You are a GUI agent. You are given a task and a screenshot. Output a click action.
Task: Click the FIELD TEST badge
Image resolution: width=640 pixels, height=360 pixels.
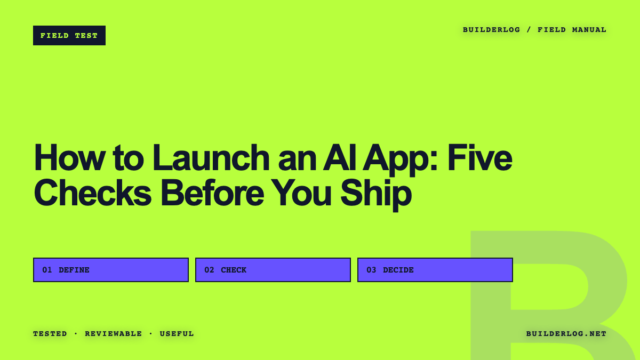[x=69, y=35]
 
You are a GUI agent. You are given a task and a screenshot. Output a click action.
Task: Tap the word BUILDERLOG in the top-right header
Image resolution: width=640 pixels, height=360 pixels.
[x=491, y=30]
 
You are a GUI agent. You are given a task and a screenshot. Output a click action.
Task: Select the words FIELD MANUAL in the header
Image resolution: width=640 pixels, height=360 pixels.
[x=572, y=30]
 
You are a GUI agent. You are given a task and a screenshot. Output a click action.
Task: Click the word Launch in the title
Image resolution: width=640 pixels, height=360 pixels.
[x=211, y=158]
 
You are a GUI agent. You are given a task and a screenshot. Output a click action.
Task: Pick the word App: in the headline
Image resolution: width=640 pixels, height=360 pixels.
[x=400, y=160]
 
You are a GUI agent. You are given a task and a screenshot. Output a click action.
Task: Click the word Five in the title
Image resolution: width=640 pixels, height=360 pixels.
[x=479, y=158]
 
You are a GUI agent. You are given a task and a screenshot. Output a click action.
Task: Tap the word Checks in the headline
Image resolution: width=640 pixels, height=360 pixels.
[x=93, y=192]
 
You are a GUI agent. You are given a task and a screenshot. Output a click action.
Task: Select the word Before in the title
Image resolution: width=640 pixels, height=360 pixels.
[x=212, y=192]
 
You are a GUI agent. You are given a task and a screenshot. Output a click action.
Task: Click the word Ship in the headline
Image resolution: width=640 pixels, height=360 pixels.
[x=375, y=195]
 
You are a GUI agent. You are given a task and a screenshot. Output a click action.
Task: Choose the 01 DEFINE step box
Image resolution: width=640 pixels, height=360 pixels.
[x=111, y=270]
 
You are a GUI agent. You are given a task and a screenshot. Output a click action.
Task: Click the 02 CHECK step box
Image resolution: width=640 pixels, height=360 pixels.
[x=273, y=270]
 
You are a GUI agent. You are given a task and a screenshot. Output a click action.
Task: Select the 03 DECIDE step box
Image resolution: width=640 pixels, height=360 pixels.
[x=435, y=270]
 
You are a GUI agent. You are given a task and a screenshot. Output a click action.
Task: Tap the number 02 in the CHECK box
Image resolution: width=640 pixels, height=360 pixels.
[x=209, y=270]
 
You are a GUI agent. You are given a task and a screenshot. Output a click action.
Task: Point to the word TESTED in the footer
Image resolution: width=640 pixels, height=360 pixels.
[x=50, y=334]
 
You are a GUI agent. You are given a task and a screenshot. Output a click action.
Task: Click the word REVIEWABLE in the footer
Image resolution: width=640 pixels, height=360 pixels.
[x=114, y=334]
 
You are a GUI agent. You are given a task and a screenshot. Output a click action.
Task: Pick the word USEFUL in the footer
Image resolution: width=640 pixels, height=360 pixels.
[x=177, y=334]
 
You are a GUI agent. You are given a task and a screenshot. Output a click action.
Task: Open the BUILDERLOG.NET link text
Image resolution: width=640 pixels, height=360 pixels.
[x=566, y=334]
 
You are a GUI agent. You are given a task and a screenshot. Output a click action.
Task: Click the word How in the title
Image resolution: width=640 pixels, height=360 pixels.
[x=68, y=158]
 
